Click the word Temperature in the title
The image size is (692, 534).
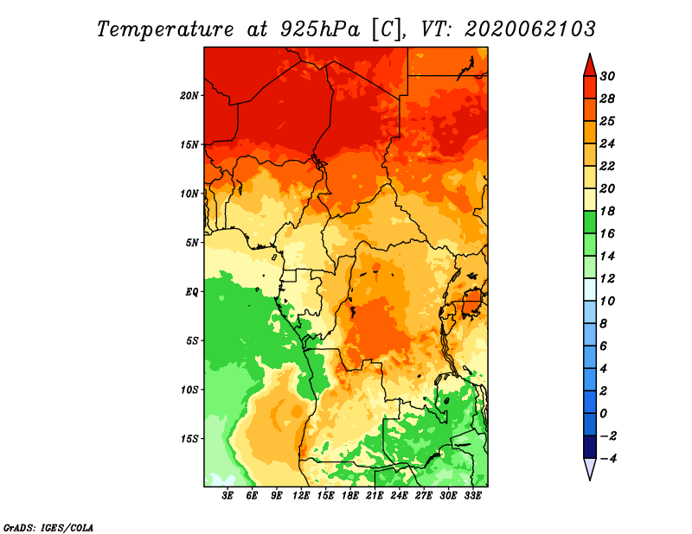(165, 29)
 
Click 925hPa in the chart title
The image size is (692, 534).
(320, 29)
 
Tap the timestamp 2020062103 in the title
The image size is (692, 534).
(530, 29)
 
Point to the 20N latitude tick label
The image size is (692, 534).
(189, 96)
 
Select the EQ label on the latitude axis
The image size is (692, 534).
(191, 292)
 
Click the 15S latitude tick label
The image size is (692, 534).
(189, 439)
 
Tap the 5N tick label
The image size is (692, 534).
(192, 243)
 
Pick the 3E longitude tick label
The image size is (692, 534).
(227, 496)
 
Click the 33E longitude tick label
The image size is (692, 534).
(473, 496)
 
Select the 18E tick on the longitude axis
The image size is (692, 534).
(350, 496)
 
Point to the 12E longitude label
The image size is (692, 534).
(301, 496)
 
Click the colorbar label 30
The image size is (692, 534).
(607, 76)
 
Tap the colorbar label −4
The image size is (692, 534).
(609, 459)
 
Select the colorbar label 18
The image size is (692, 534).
(607, 211)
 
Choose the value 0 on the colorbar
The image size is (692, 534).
(603, 414)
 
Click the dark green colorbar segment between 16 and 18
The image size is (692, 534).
(590, 222)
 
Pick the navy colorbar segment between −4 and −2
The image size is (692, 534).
(590, 447)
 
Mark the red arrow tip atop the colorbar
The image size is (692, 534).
(590, 54)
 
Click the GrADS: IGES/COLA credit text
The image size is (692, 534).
(48, 528)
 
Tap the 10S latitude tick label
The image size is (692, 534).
(189, 390)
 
